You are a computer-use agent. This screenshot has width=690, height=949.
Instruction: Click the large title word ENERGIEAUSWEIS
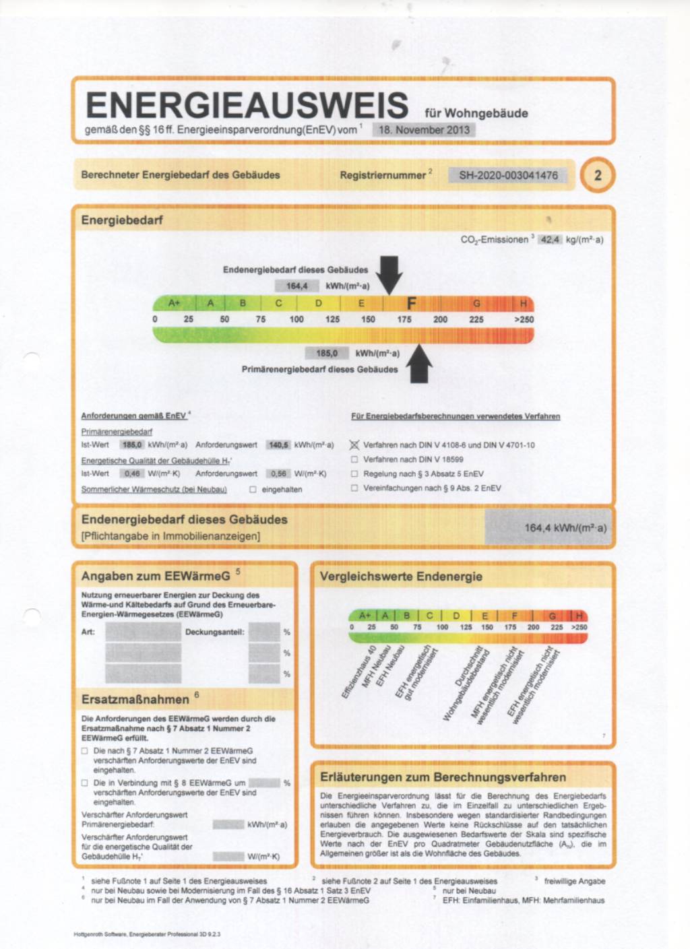pos(247,106)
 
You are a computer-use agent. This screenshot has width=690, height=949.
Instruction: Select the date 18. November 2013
pos(424,129)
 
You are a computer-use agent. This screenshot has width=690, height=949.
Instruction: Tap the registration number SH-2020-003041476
pos(508,175)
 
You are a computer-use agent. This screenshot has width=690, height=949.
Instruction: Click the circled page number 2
pos(597,175)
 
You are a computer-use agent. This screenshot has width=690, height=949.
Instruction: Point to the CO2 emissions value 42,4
pos(550,239)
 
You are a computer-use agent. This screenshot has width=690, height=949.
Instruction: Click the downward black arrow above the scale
pos(389,273)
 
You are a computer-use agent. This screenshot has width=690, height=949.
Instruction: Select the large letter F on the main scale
pos(412,304)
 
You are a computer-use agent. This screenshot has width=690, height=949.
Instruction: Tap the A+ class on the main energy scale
pos(174,303)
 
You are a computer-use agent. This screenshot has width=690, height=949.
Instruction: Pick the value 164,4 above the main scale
pos(296,286)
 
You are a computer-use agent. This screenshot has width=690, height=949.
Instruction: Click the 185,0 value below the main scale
pos(327,353)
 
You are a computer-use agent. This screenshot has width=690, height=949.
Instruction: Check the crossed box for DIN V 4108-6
pos(354,445)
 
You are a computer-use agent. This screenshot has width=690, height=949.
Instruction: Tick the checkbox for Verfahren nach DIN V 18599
pos(354,459)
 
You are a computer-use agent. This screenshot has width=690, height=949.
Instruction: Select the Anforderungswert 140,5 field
pos(278,445)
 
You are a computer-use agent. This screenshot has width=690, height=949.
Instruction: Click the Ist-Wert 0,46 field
pos(132,473)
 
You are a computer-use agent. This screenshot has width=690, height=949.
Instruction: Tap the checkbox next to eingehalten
pos(253,490)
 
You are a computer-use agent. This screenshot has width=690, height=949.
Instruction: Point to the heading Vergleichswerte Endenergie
pos(401,577)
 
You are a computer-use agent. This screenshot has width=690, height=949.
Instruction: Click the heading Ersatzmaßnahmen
pos(135,699)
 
